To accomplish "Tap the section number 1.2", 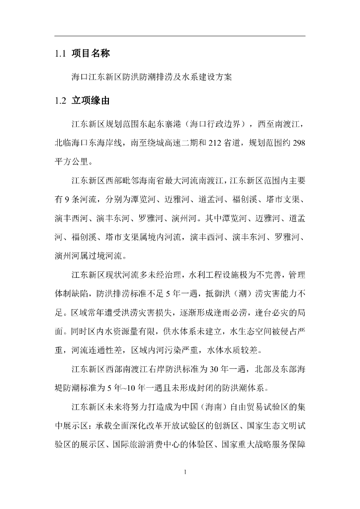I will click(60, 101).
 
